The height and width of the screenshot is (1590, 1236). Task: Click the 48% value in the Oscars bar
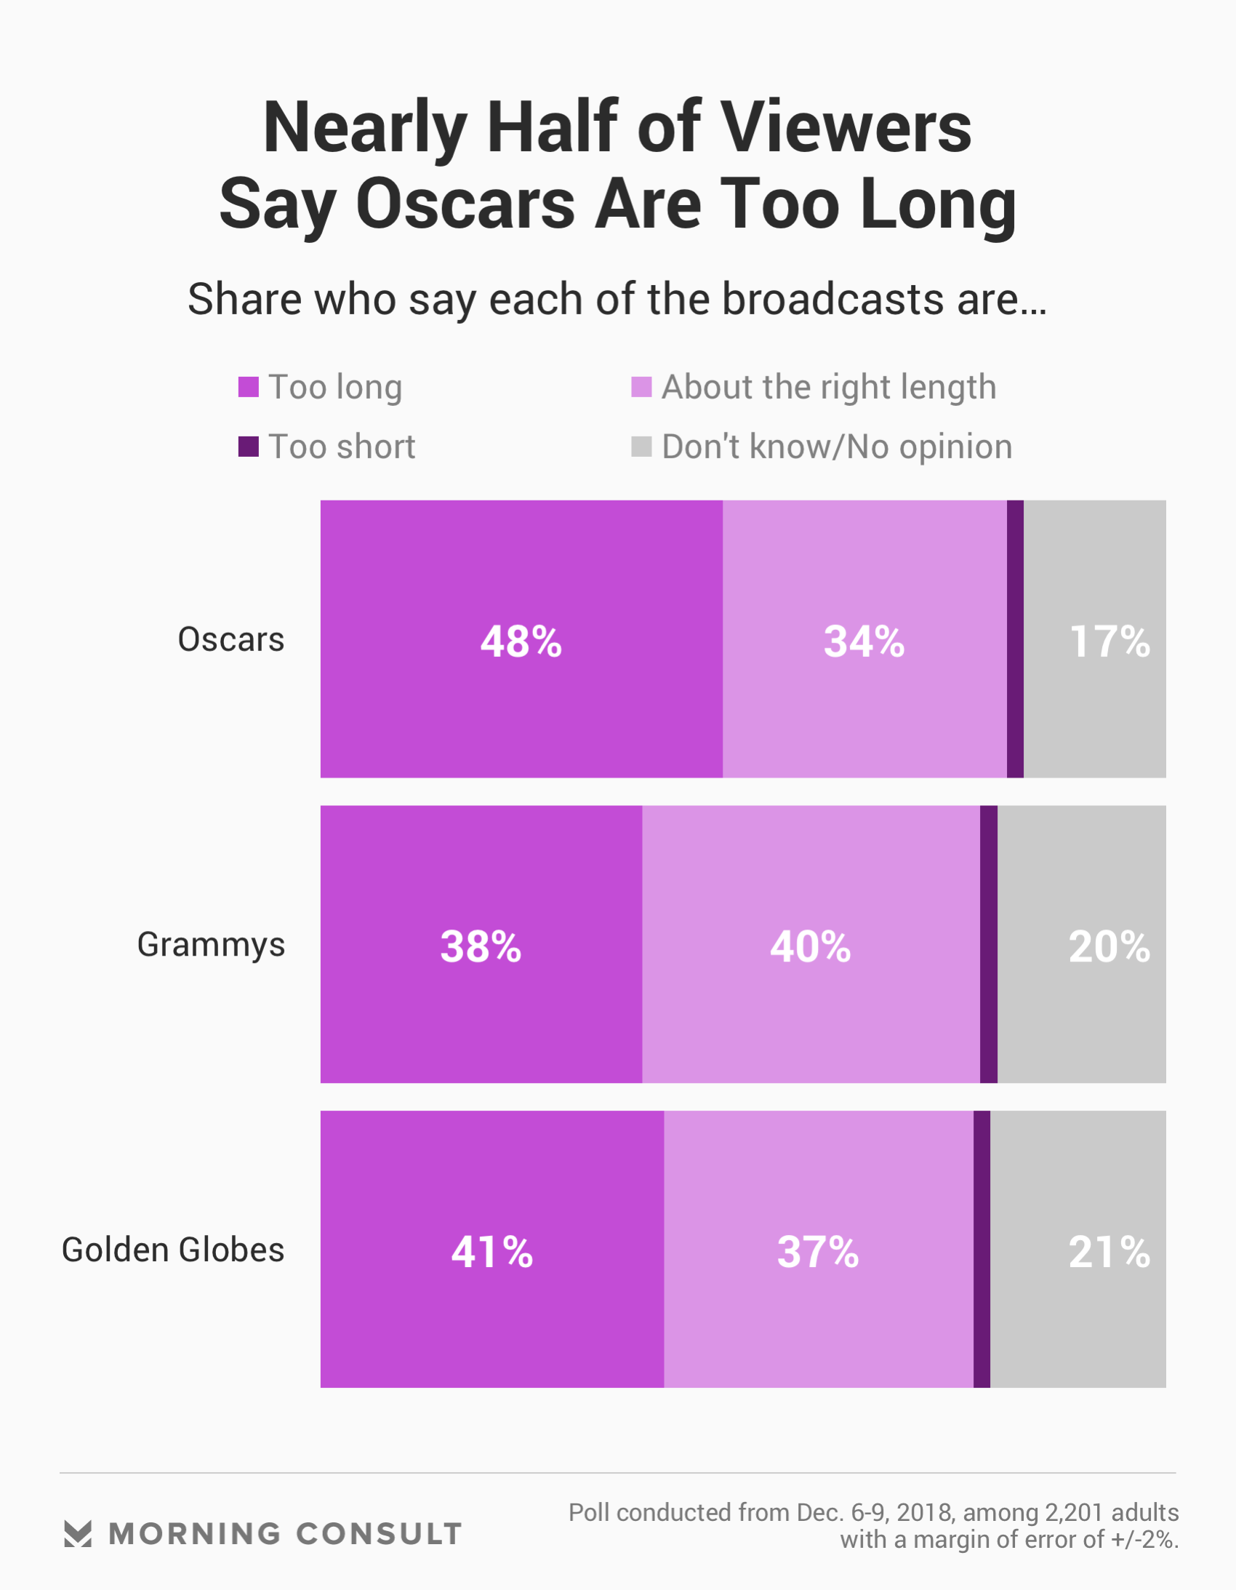(521, 642)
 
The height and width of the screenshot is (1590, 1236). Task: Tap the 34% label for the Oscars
(864, 642)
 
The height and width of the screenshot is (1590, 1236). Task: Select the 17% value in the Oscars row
(1109, 642)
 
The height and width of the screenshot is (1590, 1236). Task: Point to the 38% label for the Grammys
(481, 946)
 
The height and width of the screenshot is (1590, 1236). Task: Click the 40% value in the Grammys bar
(810, 946)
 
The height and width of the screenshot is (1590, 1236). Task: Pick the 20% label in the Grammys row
(1109, 946)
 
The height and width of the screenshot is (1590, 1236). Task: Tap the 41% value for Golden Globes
(492, 1252)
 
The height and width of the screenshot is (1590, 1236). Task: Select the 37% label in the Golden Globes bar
(818, 1252)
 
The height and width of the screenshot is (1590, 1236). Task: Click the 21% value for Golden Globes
(1109, 1252)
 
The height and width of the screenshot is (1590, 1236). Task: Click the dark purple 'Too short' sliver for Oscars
(1016, 639)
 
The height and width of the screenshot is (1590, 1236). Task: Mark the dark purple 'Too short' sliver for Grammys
(989, 943)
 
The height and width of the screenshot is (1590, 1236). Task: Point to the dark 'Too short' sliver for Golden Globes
(982, 1249)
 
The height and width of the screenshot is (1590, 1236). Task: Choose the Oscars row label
(230, 639)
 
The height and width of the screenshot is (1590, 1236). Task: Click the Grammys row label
(211, 944)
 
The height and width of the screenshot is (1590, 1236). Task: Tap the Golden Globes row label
(172, 1250)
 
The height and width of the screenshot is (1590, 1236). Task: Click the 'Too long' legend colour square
(249, 386)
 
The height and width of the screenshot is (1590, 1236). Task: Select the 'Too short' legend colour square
(249, 447)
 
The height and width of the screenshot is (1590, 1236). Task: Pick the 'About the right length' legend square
(641, 386)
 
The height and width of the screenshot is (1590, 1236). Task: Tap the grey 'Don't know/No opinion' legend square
(641, 447)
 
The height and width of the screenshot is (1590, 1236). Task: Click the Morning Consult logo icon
(78, 1533)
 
